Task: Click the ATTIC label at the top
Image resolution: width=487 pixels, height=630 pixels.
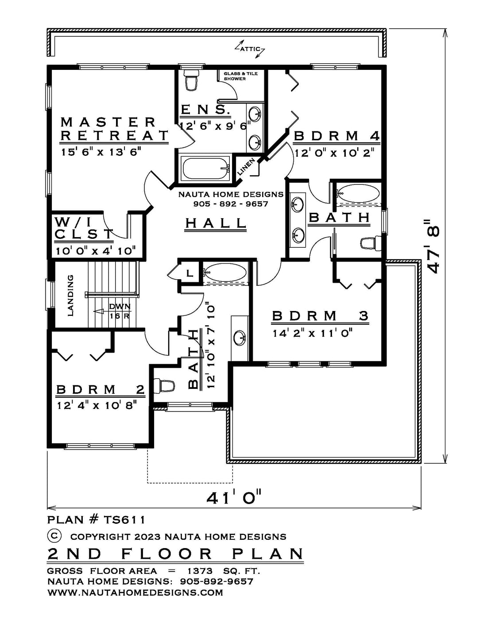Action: pos(250,49)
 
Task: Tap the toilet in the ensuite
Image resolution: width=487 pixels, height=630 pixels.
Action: pos(191,79)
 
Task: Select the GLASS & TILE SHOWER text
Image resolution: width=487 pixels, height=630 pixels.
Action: pos(240,76)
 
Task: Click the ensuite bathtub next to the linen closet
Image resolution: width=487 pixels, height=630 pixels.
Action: pos(206,168)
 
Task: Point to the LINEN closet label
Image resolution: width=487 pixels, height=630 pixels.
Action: pos(246,167)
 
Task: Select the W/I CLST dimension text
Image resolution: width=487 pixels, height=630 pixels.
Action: pos(96,251)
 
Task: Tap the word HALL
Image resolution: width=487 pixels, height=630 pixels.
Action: pos(216,223)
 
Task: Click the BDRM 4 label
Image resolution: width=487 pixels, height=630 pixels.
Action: pos(337,136)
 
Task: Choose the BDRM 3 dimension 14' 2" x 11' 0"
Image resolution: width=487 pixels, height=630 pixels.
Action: pos(313,334)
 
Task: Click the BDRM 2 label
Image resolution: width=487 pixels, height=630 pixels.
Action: pos(100,389)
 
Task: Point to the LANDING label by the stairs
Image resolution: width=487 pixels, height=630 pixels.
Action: pos(70,296)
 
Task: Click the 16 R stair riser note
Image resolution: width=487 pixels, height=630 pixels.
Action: pos(119,316)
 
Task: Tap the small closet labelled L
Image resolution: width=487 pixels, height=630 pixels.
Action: pos(189,273)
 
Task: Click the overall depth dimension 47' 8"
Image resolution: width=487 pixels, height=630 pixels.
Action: pos(433,246)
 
